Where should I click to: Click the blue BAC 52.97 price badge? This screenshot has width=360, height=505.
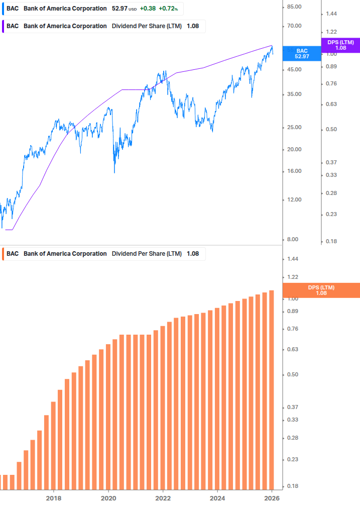pos(301,54)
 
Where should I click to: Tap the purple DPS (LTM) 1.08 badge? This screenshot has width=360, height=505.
pos(340,45)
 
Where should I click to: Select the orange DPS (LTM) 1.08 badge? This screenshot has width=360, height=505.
pos(321,290)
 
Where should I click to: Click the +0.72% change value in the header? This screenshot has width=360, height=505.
pos(168,9)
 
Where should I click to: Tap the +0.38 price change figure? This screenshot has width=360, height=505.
pos(148,9)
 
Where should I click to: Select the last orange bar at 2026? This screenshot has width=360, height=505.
pos(272,390)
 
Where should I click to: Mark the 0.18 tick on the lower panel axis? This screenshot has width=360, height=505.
pos(293,486)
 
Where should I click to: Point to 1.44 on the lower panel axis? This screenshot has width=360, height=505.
pos(293,259)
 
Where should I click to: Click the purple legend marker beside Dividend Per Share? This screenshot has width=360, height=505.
pos(3,26)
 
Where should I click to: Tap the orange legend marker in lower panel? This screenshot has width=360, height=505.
pos(3,254)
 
